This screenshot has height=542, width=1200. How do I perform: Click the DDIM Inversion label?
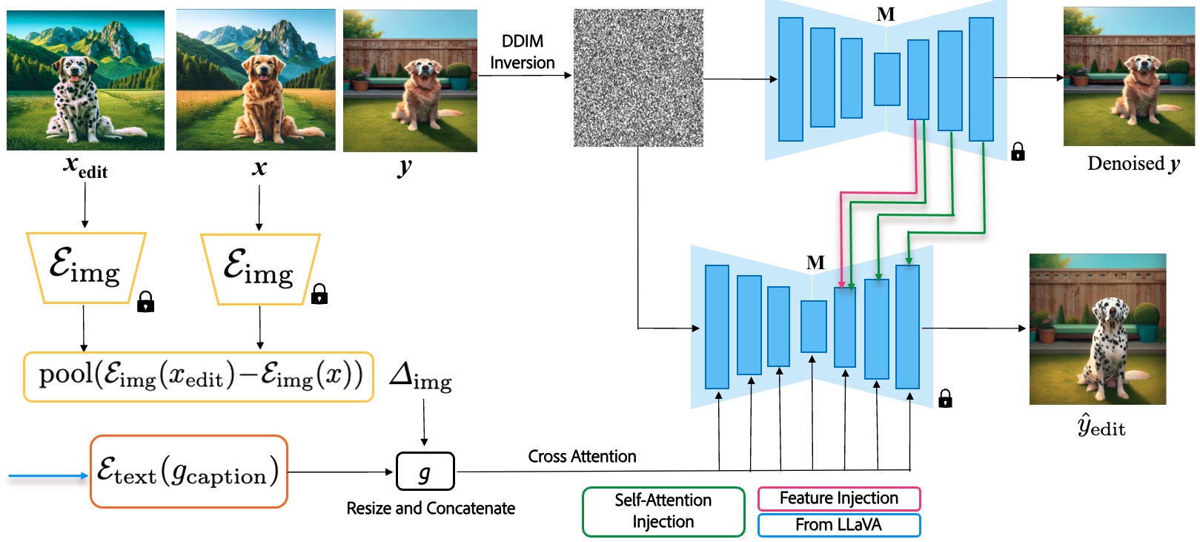522,52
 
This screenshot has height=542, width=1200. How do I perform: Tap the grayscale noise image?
638,78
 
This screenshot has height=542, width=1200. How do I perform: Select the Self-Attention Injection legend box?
663,511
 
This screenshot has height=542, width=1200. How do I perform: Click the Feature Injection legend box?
838,498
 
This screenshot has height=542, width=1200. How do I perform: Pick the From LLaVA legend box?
838,525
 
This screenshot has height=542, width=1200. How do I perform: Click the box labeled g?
425,472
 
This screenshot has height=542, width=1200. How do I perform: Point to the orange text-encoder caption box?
188,472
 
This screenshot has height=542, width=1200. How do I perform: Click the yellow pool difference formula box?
199,377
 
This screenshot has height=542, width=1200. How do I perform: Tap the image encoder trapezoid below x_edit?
85,268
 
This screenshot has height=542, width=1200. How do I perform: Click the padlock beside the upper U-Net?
1018,152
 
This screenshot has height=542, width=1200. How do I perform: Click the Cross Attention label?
582,456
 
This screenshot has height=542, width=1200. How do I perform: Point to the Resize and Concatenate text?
431,508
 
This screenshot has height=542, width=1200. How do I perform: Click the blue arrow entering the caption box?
48,475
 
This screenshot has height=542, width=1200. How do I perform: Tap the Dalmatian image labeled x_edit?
85,80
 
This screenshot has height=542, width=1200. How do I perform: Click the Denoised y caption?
1133,164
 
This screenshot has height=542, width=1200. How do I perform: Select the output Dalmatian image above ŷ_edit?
1097,328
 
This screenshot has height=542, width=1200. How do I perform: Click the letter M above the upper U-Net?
885,14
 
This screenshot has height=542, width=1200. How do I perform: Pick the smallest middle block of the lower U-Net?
813,326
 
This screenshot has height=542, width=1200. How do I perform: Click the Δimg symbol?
420,376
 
